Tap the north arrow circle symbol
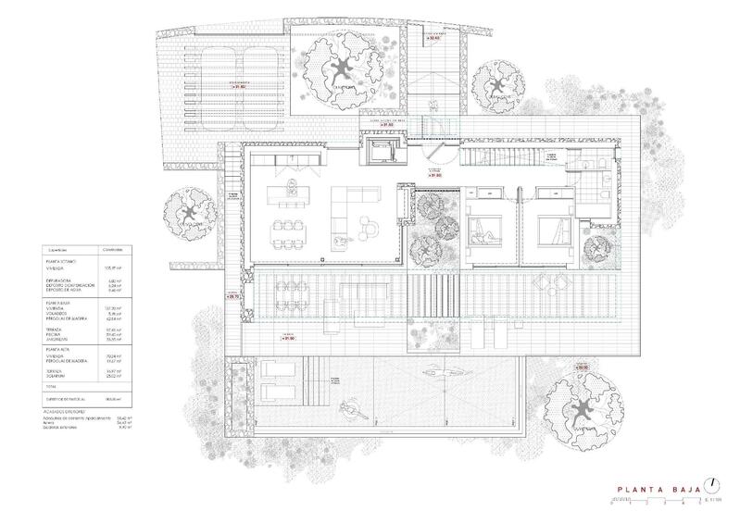click(x=710, y=484)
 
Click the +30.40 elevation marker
click(x=433, y=37)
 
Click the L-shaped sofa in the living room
click(x=354, y=202)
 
